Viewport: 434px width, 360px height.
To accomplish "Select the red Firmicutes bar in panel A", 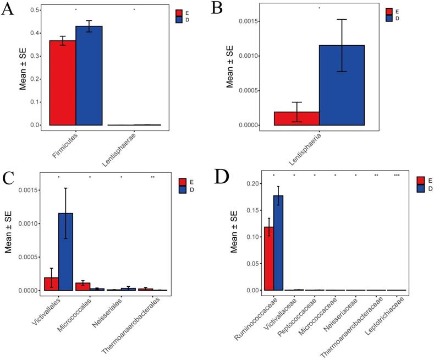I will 63,83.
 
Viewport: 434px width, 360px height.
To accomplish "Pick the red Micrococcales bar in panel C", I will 82,286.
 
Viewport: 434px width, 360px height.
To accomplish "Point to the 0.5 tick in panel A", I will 35,10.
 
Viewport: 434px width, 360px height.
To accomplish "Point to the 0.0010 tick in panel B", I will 255,56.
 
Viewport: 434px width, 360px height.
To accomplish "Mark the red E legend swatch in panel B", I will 388,11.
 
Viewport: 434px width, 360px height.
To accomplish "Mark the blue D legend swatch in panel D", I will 420,189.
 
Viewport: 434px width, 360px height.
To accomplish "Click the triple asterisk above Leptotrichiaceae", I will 397,176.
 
